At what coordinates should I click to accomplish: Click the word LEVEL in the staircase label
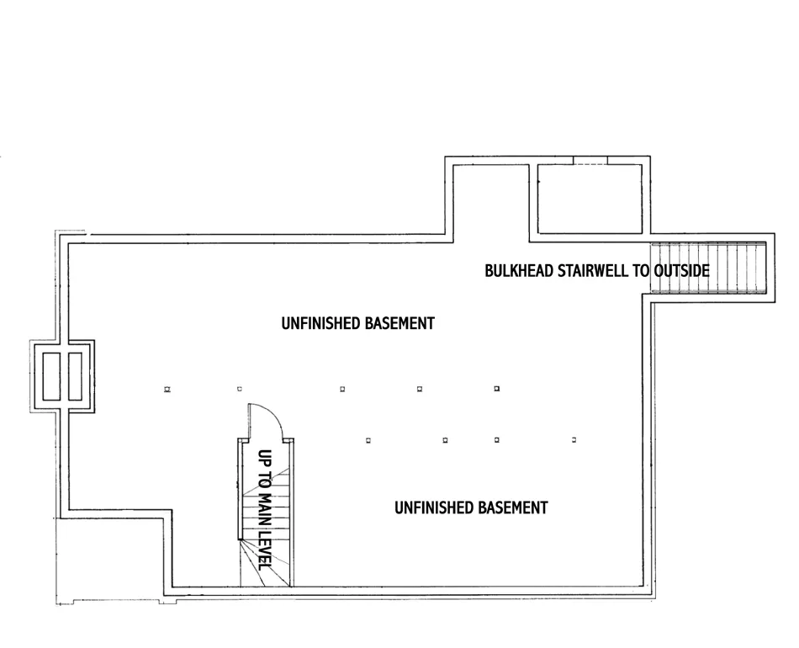click(264, 550)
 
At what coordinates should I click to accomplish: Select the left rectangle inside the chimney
click(49, 375)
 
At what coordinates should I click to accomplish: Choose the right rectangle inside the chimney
click(76, 375)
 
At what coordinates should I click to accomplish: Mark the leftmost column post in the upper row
click(167, 389)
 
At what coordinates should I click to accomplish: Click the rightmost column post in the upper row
click(497, 389)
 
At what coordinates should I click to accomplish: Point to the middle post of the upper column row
click(342, 389)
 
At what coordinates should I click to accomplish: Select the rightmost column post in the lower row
click(574, 440)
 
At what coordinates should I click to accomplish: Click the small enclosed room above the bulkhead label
click(590, 198)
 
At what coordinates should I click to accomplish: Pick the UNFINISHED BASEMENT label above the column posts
click(357, 323)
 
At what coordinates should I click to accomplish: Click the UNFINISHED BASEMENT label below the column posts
click(471, 507)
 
